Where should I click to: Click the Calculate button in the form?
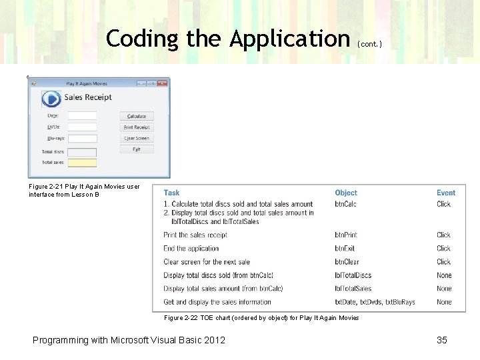137,116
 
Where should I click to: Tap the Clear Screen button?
137,138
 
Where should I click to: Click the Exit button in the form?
137,149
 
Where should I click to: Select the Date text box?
82,116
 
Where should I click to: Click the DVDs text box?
82,127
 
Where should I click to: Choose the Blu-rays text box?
82,139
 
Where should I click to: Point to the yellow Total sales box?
82,163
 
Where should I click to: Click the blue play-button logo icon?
51,99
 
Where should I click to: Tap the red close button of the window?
162,83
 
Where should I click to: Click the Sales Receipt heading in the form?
88,97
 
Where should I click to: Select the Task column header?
171,193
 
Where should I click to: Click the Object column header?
346,193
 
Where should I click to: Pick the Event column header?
446,193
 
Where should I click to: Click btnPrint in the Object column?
346,235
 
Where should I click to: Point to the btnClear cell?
347,262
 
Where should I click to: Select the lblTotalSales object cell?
353,289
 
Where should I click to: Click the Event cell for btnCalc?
444,204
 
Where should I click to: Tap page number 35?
441,340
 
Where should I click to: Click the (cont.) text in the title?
369,44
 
